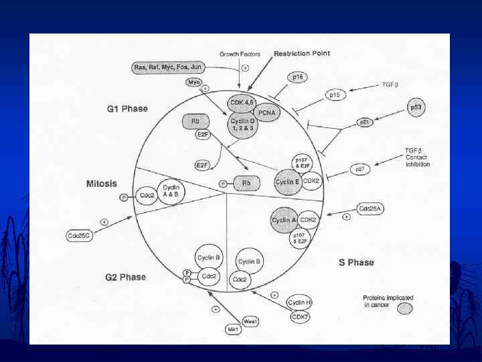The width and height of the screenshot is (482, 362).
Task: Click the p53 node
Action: click(x=416, y=107)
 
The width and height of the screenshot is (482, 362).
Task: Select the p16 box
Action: click(x=298, y=78)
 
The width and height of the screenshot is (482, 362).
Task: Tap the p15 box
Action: click(x=335, y=95)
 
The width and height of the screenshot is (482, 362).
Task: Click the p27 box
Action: click(x=359, y=170)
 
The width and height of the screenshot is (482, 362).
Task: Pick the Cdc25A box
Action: click(x=370, y=208)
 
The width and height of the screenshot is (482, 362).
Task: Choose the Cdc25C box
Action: click(x=78, y=235)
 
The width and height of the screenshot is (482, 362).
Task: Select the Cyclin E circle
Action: click(x=287, y=181)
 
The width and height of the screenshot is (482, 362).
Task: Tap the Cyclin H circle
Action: click(x=300, y=303)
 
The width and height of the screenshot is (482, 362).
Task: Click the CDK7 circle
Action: click(x=298, y=317)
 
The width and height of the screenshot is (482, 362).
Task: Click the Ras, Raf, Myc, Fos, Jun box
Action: click(x=167, y=67)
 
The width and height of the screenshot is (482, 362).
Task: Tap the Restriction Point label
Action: click(x=301, y=54)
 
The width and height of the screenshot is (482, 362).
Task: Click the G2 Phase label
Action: click(x=125, y=277)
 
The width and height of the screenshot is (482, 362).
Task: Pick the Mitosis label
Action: click(x=101, y=183)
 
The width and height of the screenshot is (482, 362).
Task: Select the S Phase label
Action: click(x=355, y=262)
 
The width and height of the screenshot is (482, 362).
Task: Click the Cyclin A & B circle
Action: click(x=171, y=193)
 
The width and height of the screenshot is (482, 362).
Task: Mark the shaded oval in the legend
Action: click(x=405, y=308)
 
